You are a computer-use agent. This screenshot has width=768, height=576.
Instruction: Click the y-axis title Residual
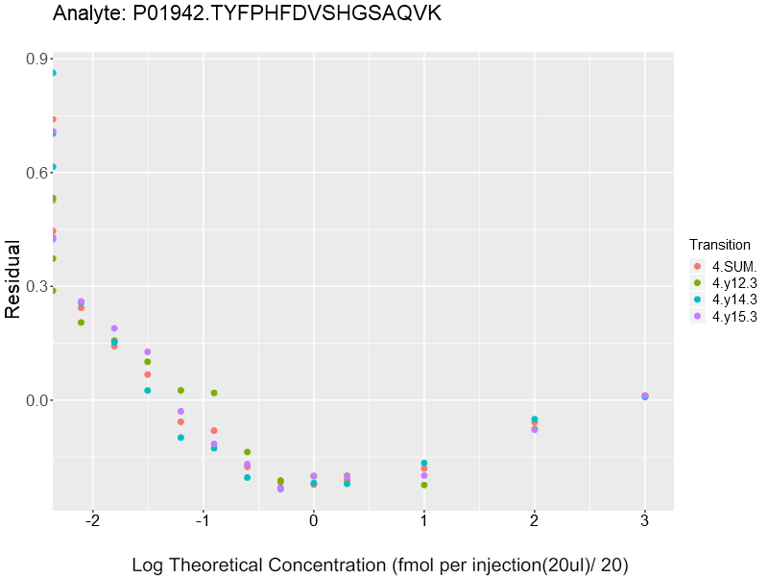coord(13,278)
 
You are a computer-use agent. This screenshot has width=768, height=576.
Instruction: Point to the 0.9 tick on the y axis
coord(38,60)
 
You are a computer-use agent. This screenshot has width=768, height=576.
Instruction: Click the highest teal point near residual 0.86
coord(53,73)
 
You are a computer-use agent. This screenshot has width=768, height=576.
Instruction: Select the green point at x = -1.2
coord(180,391)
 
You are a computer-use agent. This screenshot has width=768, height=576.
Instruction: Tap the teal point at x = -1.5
coord(148,391)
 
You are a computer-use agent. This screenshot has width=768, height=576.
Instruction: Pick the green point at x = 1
coord(424,485)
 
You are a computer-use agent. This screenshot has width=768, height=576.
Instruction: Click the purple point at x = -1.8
coord(114,328)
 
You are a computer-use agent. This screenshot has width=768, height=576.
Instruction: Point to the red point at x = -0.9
coord(214,431)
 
